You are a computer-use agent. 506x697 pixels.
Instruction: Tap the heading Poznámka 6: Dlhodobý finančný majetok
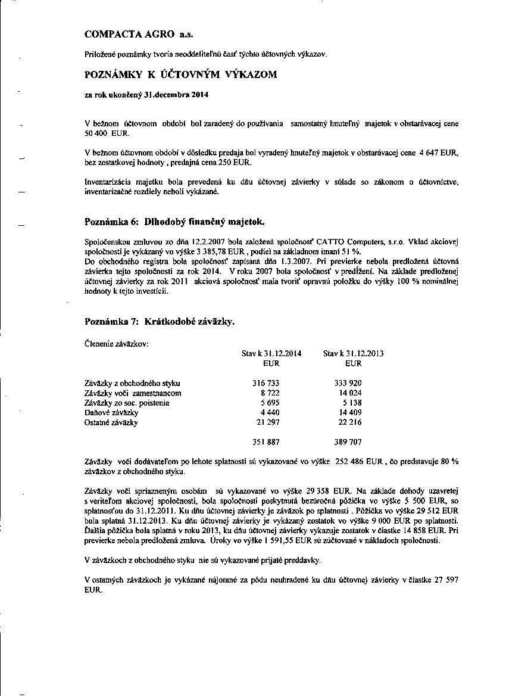tap(174, 222)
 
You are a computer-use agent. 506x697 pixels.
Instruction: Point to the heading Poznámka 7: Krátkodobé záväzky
tap(160, 322)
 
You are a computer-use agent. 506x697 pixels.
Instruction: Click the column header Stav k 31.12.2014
tap(271, 353)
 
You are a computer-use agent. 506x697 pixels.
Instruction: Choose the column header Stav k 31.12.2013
tap(353, 353)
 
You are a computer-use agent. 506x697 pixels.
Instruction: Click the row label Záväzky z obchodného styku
tap(132, 384)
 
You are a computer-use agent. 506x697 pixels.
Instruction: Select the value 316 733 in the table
tap(266, 384)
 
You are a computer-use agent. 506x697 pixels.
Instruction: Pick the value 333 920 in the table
tap(348, 384)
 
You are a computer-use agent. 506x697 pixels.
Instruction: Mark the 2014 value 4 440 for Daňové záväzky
tap(270, 413)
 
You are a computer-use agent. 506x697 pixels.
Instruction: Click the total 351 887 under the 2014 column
tap(266, 443)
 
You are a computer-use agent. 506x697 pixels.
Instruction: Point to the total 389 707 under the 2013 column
tap(348, 443)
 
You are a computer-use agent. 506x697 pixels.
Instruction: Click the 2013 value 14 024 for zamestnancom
tap(350, 393)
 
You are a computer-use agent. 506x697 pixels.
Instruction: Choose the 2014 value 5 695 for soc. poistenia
tap(270, 403)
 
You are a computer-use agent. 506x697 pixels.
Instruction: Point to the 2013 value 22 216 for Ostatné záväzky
tap(350, 423)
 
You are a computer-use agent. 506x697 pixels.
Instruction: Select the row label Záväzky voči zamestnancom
tap(133, 393)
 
